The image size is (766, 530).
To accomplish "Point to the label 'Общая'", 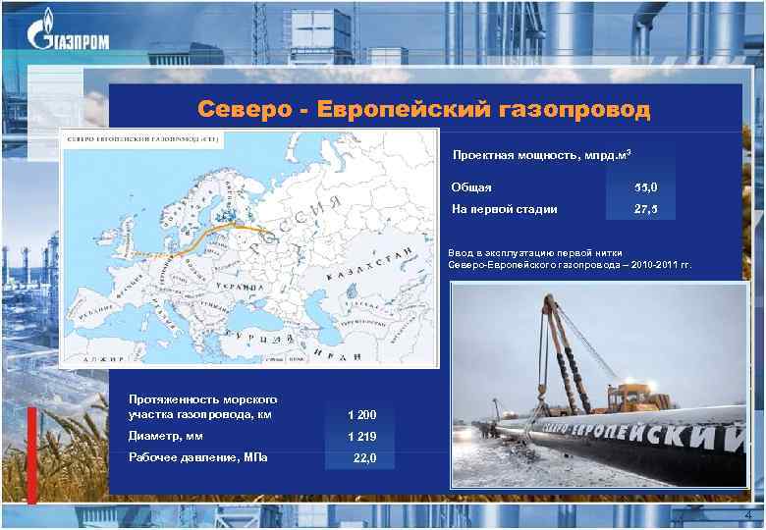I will tap(471, 187).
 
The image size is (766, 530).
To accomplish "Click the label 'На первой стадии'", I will tap(504, 209).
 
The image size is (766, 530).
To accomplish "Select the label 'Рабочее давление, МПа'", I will tap(198, 458).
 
